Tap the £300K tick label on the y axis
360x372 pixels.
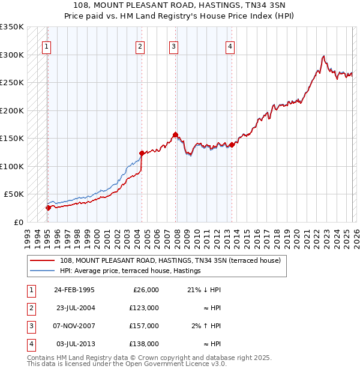(13, 55)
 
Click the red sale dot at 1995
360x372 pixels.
(48, 208)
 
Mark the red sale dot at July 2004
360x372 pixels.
(142, 154)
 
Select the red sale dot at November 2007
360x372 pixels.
(175, 134)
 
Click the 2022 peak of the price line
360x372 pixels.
(323, 56)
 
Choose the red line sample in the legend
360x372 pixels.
(43, 261)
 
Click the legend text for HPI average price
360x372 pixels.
(130, 271)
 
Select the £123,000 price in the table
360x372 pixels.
(145, 308)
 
